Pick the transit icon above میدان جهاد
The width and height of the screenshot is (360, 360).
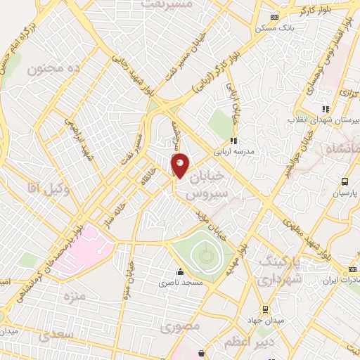point(265,308)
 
